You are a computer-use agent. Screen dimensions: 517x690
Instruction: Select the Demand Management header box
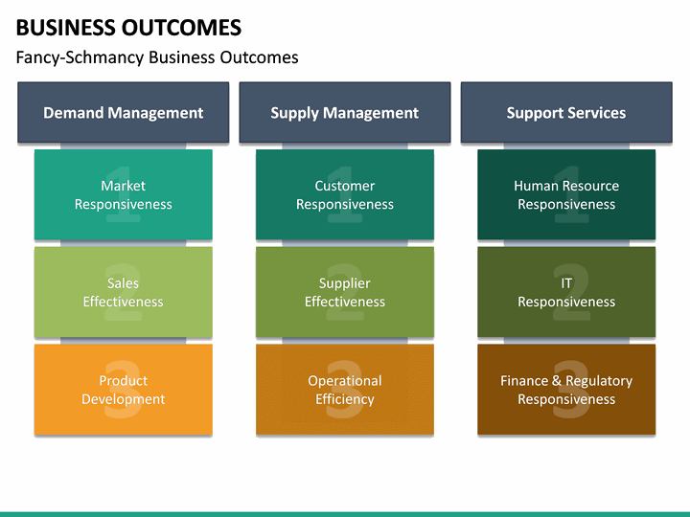tap(123, 113)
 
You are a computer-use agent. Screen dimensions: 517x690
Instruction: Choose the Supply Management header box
tap(344, 113)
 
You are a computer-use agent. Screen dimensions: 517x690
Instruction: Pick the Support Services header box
tap(565, 113)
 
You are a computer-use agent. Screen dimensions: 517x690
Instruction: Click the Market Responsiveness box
tap(123, 194)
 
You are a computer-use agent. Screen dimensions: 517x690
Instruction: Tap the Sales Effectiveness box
tap(123, 292)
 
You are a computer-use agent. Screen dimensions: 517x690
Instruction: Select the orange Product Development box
tap(123, 390)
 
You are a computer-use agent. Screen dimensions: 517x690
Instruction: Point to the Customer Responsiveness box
tap(344, 194)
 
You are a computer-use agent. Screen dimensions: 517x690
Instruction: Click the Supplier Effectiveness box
tap(344, 292)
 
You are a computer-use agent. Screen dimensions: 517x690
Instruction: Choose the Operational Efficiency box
tap(344, 390)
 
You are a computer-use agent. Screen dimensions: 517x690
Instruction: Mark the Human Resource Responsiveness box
tap(565, 194)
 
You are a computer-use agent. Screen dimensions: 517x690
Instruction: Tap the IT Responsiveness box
tap(565, 292)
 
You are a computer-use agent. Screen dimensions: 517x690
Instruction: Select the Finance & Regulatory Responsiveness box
tap(565, 390)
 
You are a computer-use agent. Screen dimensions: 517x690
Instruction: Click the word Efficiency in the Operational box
tap(344, 399)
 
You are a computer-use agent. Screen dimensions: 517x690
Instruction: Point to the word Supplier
tap(344, 283)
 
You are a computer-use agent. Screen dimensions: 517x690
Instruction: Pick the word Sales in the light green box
tap(123, 283)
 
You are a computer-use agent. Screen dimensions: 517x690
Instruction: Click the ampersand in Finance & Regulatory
tap(557, 381)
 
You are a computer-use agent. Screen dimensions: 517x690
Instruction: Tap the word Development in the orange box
tap(123, 399)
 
